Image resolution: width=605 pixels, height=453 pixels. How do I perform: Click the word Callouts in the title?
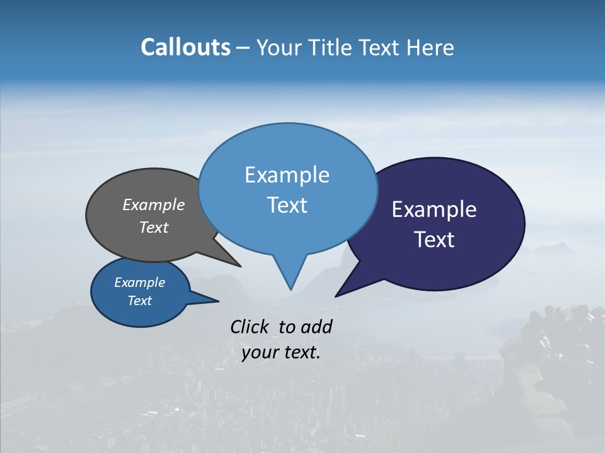point(185,47)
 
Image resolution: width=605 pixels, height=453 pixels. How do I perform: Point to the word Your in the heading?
point(279,48)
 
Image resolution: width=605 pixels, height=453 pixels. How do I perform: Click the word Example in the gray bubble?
point(154,205)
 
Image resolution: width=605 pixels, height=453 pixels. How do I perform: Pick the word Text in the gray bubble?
point(154,228)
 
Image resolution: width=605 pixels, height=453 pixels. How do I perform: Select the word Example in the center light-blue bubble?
point(287,175)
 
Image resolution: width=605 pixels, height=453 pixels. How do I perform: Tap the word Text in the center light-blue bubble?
point(287,205)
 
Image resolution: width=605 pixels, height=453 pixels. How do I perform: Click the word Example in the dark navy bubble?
point(434,210)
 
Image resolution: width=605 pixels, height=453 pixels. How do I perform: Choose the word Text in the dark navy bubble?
point(435,240)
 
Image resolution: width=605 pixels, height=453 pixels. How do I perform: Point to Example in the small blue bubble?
point(139,282)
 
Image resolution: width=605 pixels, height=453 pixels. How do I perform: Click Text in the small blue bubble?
point(139,301)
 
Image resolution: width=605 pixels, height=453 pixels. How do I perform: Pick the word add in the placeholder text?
point(316,327)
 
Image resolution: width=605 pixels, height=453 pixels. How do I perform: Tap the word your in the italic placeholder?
point(259,352)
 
